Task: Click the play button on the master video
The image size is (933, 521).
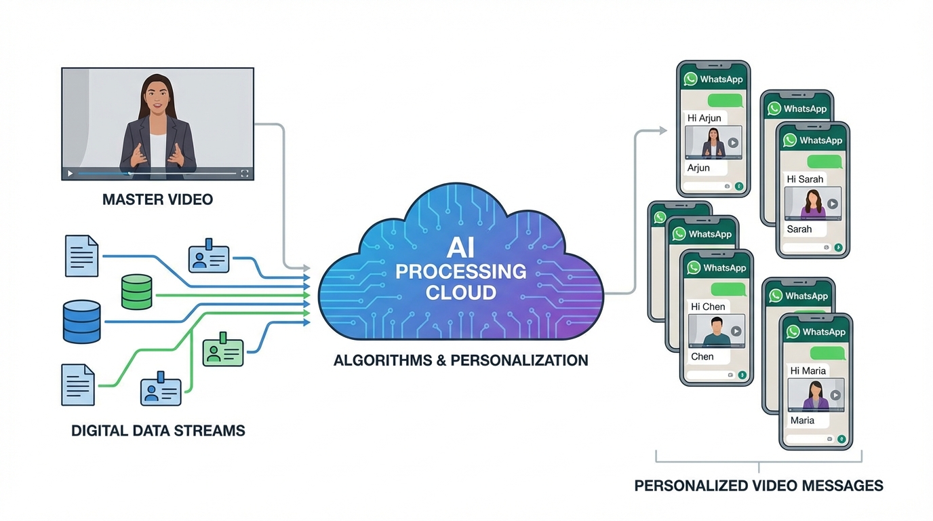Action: pyautogui.click(x=70, y=174)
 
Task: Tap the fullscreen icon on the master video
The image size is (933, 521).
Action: pyautogui.click(x=245, y=174)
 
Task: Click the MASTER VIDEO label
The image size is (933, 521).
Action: pyautogui.click(x=157, y=199)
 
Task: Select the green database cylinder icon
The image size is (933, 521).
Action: pyautogui.click(x=136, y=292)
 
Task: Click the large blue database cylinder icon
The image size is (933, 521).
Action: pyautogui.click(x=81, y=322)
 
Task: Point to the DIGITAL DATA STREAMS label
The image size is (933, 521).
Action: pyautogui.click(x=158, y=430)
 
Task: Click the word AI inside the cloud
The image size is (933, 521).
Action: pyautogui.click(x=460, y=248)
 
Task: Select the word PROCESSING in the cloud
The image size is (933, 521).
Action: pyautogui.click(x=460, y=272)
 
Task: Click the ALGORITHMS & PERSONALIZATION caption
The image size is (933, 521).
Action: pyautogui.click(x=460, y=360)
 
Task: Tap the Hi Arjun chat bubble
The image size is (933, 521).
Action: pyautogui.click(x=704, y=118)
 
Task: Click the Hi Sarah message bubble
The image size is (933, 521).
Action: pyautogui.click(x=805, y=179)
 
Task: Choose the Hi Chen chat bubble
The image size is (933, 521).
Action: pyautogui.click(x=708, y=307)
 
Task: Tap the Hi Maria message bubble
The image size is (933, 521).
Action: pyautogui.click(x=808, y=370)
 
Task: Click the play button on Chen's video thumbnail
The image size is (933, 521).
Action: pyautogui.click(x=736, y=332)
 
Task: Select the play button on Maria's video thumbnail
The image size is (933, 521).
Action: pyautogui.click(x=835, y=395)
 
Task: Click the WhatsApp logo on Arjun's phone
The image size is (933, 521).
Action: pyautogui.click(x=691, y=79)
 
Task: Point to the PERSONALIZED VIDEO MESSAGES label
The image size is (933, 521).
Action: pyautogui.click(x=759, y=486)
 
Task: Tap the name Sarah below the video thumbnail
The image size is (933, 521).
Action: pyautogui.click(x=799, y=229)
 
